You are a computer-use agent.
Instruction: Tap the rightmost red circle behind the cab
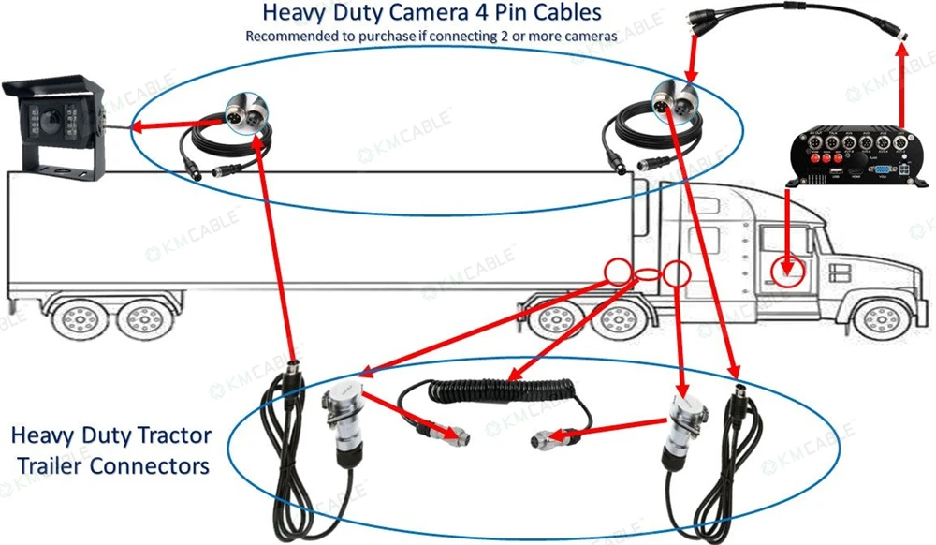[676, 273]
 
